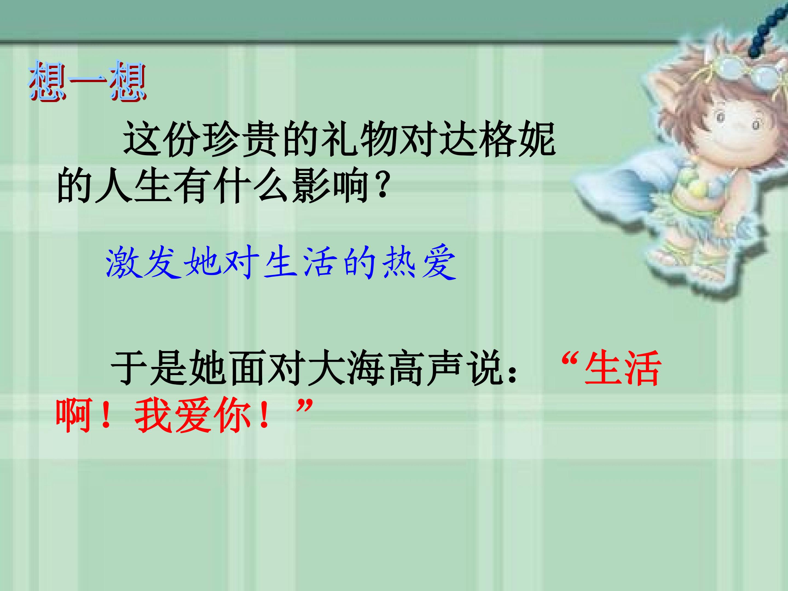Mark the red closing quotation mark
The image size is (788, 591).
(305, 406)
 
